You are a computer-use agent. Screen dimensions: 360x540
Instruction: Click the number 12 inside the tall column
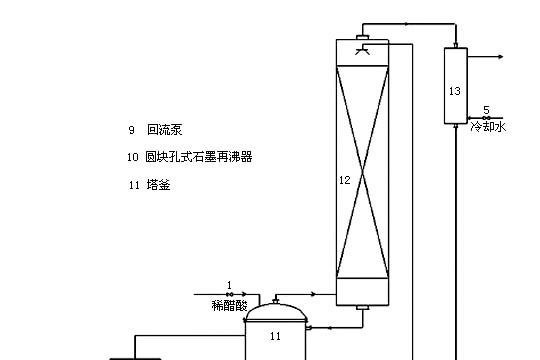coord(344,180)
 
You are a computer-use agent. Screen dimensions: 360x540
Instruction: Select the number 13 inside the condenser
coord(455,91)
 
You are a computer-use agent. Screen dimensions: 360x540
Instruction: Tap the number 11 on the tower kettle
coord(276,337)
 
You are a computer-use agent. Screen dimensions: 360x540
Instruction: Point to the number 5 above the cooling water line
coord(486,109)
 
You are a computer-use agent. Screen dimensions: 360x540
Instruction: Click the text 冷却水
coord(490,127)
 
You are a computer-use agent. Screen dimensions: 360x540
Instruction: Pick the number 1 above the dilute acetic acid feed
coord(229,285)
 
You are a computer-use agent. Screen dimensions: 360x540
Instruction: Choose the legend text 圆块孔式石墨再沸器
coord(199,157)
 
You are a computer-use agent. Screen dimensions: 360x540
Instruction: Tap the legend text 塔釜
coord(157,185)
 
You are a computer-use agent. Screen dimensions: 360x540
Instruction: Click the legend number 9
coord(130,130)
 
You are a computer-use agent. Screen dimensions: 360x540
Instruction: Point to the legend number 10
coord(132,157)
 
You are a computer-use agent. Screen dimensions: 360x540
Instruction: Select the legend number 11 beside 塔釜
coord(132,185)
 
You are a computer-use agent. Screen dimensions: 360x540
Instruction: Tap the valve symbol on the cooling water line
coord(485,118)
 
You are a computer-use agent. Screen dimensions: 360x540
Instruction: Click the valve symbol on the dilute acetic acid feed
coord(229,294)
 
